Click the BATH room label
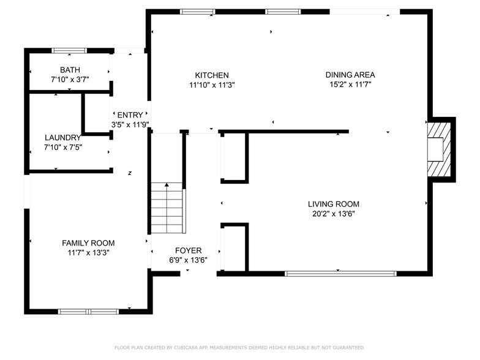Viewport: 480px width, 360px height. pyautogui.click(x=70, y=70)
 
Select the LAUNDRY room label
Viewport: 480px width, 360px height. pyautogui.click(x=62, y=138)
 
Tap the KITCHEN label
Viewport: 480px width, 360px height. pyautogui.click(x=212, y=75)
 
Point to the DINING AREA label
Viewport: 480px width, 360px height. pyautogui.click(x=350, y=75)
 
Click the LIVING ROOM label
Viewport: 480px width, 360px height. pyautogui.click(x=333, y=204)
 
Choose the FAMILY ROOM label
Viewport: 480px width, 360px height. pyautogui.click(x=88, y=242)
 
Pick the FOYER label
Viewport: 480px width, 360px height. pyautogui.click(x=188, y=250)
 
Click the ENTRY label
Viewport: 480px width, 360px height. pyautogui.click(x=130, y=114)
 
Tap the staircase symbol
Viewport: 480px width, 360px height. pyautogui.click(x=167, y=208)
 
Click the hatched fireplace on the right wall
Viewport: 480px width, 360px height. pyautogui.click(x=439, y=149)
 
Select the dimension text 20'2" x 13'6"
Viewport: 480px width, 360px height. pyautogui.click(x=333, y=214)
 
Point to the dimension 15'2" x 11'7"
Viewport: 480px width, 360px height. pyautogui.click(x=350, y=85)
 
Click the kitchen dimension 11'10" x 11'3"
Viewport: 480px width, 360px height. pyautogui.click(x=212, y=85)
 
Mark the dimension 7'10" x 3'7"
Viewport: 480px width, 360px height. pyautogui.click(x=70, y=80)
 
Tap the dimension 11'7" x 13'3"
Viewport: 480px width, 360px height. pyautogui.click(x=88, y=252)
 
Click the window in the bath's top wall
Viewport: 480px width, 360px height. pyautogui.click(x=69, y=51)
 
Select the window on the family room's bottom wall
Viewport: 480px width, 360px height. pyautogui.click(x=88, y=311)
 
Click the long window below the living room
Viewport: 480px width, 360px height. pyautogui.click(x=341, y=273)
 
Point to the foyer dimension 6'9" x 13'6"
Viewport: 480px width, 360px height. pyautogui.click(x=188, y=260)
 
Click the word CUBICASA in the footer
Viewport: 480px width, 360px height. pyautogui.click(x=190, y=348)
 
